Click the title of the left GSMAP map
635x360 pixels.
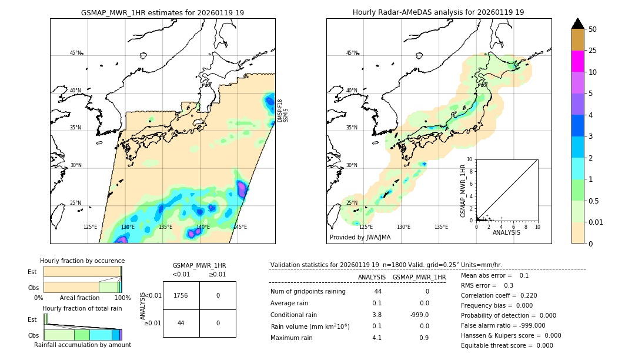pos(162,12)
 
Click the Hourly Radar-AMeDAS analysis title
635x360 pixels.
pos(438,12)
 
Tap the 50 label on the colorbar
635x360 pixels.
pos(593,29)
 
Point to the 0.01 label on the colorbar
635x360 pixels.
pos(596,222)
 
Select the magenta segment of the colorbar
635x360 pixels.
pos(577,61)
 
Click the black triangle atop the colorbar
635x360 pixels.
pos(577,24)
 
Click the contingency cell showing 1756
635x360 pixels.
pos(181,295)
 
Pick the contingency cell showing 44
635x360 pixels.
pos(181,323)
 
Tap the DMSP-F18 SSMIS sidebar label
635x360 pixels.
pos(282,111)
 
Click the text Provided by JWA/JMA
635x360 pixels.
pos(360,237)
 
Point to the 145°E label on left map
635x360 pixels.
pos(240,227)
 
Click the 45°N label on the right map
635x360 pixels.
pos(352,53)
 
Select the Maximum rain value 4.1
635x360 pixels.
pos(376,337)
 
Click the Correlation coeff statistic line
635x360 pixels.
pos(499,295)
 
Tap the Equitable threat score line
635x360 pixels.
pos(507,345)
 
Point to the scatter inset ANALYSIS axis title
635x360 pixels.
pos(506,232)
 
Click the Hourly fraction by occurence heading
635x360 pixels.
pos(82,261)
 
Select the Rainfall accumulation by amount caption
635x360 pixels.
pos(82,345)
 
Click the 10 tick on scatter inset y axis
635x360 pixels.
pos(470,159)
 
